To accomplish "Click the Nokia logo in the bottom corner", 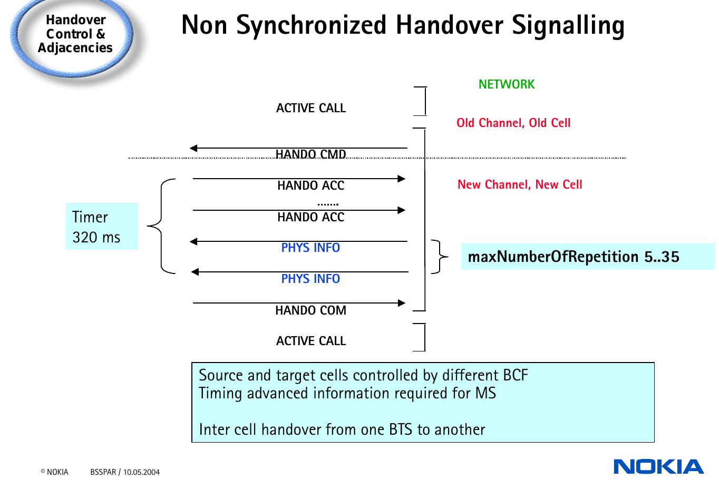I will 658,467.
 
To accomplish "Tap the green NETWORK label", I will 506,84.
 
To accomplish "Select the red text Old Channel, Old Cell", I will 513,123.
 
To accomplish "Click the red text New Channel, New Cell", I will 519,184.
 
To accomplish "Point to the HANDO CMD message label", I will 310,154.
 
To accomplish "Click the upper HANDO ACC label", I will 310,185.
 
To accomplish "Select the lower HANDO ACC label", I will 310,217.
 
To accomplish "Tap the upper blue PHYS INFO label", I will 310,248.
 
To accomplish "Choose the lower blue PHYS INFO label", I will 310,279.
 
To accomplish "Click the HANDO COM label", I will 310,310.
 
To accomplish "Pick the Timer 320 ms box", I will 102,227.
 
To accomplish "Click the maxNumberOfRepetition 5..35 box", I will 587,257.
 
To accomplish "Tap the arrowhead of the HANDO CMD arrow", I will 193,148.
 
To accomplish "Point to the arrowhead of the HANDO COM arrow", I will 402,303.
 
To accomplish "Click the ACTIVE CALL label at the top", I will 310,108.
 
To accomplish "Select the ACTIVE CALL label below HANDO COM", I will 310,341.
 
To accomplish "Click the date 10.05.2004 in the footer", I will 141,472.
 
